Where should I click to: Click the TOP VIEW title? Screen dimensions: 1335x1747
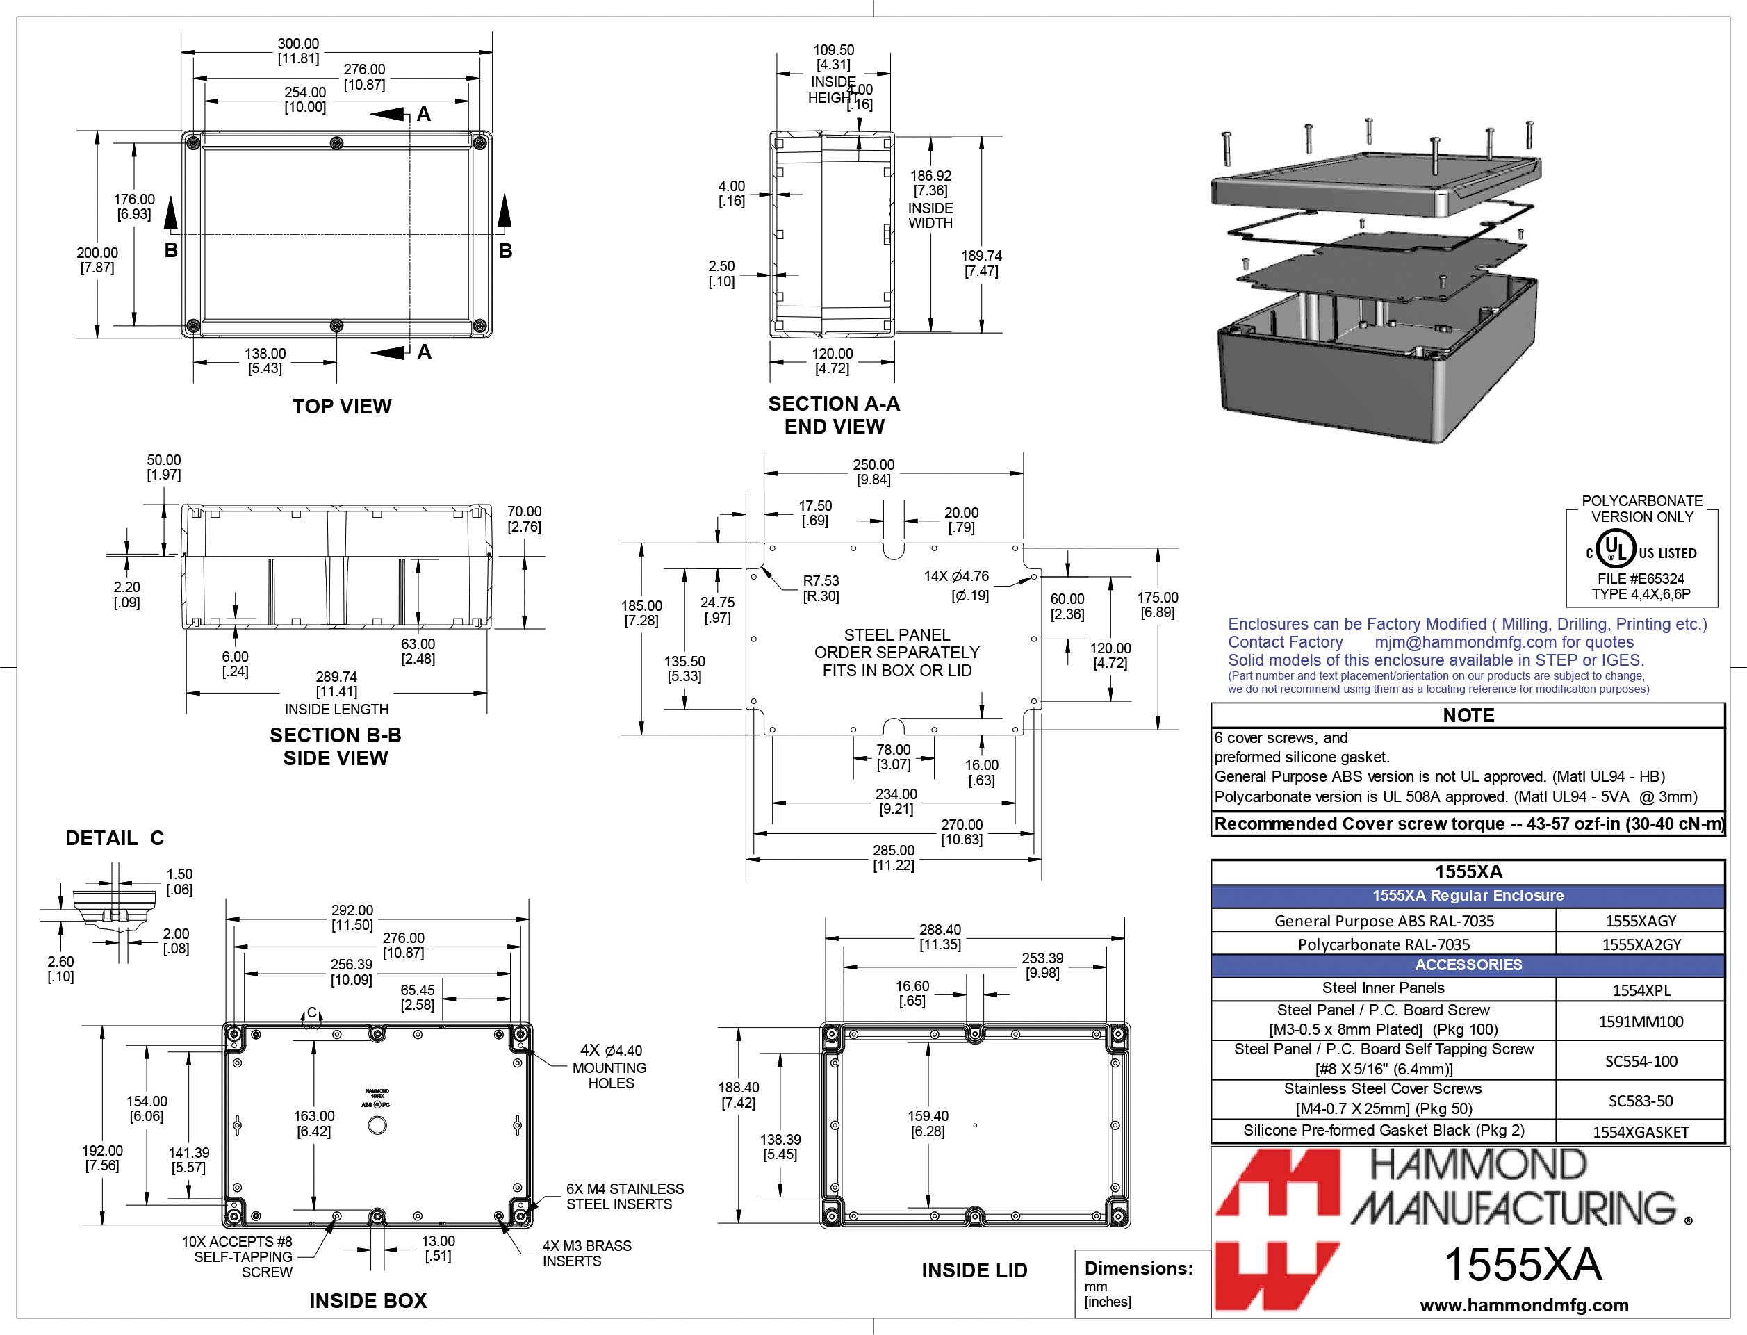[x=342, y=406]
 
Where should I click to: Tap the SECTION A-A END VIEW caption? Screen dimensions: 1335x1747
[x=834, y=415]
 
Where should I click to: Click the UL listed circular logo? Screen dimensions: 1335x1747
[x=1616, y=550]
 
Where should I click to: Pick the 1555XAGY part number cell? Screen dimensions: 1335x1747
[x=1641, y=920]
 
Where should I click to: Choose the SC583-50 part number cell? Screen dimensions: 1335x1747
[x=1641, y=1101]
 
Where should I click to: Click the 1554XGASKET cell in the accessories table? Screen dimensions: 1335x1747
[x=1641, y=1131]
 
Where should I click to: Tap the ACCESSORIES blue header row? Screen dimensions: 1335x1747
[x=1468, y=965]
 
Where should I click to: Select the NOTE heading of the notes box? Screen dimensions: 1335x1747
[x=1468, y=715]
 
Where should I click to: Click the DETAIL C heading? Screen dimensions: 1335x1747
[x=115, y=837]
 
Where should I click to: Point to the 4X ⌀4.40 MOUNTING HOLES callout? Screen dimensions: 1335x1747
[x=609, y=1067]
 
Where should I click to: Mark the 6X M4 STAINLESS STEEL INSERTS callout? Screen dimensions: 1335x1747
[x=625, y=1196]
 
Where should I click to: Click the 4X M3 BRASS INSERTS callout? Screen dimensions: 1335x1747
[x=587, y=1253]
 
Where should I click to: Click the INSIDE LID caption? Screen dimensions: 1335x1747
[x=974, y=1270]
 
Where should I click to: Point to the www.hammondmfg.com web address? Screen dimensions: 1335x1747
[x=1524, y=1305]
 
